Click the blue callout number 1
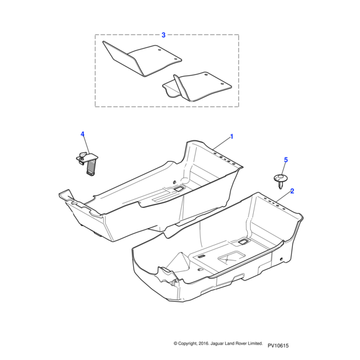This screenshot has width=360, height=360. pos(232,137)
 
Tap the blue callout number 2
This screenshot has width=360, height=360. pos(292,191)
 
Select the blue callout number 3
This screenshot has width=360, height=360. pos(163,35)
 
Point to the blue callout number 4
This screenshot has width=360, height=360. pos(83,134)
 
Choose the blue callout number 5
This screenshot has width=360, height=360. pos(286,160)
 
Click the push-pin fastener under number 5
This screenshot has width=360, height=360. pos(279,181)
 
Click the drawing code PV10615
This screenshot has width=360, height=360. pos(278,346)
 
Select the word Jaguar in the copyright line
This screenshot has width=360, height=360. pos(216,344)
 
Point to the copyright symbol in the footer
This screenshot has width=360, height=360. pos(175,343)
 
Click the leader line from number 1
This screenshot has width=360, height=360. pos(221,143)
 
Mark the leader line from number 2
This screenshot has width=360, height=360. pos(283,197)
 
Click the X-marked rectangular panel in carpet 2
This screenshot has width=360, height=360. pos(229,257)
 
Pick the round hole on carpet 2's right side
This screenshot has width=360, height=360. pos(281,259)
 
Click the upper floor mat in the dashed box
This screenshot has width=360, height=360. pos(142,58)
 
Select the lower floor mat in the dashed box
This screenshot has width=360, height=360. pos(197,86)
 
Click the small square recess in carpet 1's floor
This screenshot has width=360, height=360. pos(179,188)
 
